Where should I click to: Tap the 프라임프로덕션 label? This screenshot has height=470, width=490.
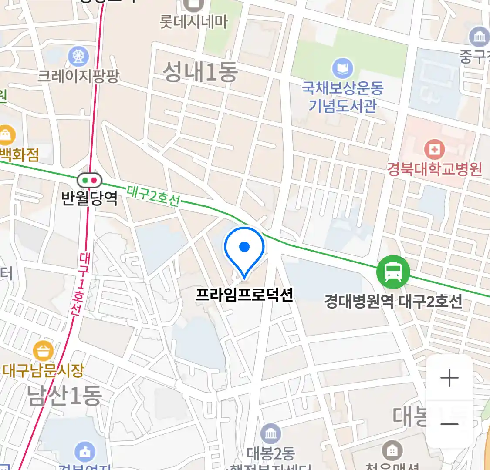(x=244, y=295)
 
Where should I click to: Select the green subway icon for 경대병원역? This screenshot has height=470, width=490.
(x=393, y=272)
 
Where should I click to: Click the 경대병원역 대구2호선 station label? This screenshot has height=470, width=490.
(x=393, y=301)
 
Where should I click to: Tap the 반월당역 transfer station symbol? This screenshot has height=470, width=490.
(x=89, y=180)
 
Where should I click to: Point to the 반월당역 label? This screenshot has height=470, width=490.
(x=89, y=198)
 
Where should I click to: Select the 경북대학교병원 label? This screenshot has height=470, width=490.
(x=434, y=169)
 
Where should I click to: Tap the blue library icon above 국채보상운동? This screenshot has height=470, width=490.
(x=343, y=69)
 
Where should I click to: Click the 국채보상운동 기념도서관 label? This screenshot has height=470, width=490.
(x=343, y=97)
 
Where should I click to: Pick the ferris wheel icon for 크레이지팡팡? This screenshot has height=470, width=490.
(x=78, y=56)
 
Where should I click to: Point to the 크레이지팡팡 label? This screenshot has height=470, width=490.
(x=78, y=76)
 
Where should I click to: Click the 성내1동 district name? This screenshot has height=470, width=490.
(x=200, y=72)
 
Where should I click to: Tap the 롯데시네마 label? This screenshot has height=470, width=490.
(x=194, y=22)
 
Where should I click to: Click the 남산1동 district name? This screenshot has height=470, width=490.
(x=64, y=396)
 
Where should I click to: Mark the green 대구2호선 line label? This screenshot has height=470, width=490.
(x=153, y=196)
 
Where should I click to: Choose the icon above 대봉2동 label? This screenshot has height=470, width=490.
(x=270, y=433)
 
